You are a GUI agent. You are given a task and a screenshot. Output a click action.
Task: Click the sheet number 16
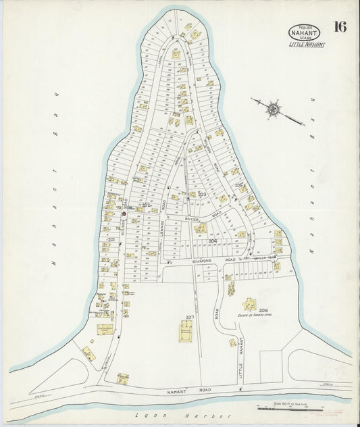pos(340,28)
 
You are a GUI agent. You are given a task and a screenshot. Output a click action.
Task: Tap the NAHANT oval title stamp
pos(304,32)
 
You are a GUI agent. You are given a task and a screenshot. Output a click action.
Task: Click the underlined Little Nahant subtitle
pos(307,45)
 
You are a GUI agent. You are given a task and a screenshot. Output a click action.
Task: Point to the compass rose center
pos(273,107)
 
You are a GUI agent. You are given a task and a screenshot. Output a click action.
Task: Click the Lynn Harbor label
pos(182,417)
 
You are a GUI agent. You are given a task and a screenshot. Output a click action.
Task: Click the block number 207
pos(190,316)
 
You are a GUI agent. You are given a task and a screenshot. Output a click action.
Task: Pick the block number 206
pos(263,310)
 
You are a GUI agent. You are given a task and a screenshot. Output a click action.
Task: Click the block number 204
pos(213,240)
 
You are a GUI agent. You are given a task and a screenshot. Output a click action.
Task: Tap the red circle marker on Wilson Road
pos(124,214)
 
